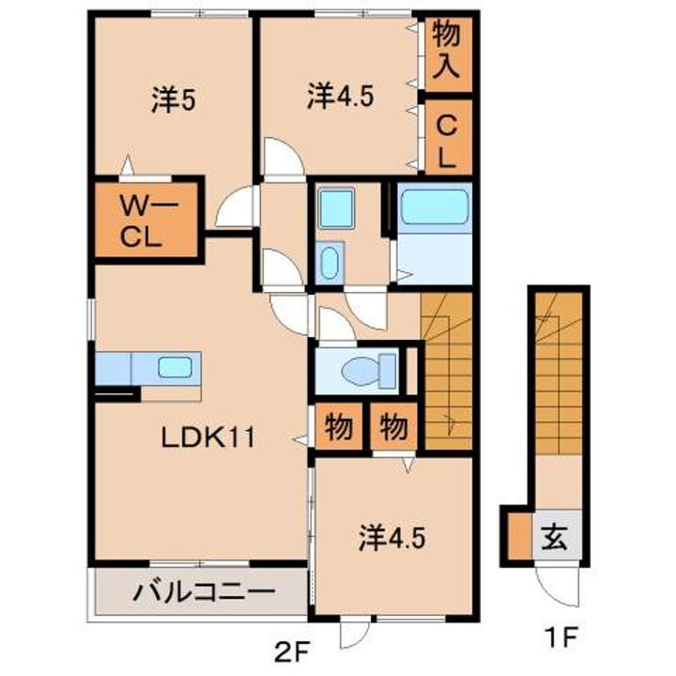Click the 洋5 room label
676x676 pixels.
click(173, 100)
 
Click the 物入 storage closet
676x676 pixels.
click(446, 52)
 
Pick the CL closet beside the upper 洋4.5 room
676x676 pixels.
click(446, 138)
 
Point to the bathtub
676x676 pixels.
click(433, 207)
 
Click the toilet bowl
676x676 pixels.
click(361, 373)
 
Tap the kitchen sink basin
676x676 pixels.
click(176, 367)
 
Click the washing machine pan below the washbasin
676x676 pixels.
click(329, 262)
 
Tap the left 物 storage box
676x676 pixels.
click(339, 428)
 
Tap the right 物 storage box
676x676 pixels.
click(394, 428)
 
